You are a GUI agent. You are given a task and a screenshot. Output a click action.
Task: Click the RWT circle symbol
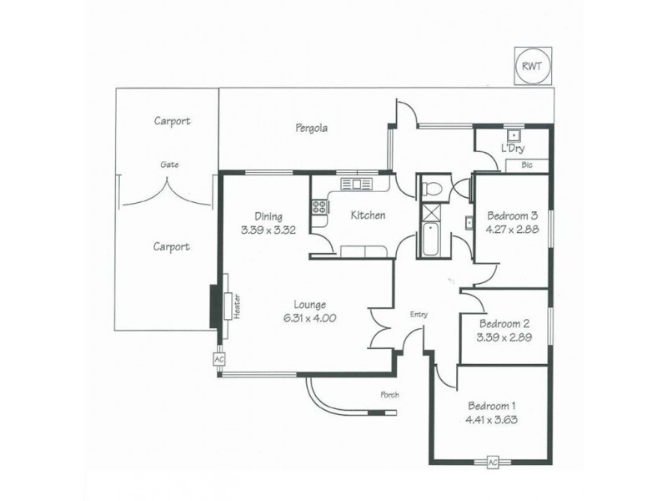coord(530,68)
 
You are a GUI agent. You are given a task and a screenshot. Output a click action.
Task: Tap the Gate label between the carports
coord(169,164)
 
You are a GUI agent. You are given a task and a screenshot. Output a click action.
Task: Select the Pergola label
coord(310,129)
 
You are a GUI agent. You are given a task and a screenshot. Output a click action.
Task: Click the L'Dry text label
coord(512,148)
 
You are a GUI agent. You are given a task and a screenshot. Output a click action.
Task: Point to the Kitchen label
coord(367,215)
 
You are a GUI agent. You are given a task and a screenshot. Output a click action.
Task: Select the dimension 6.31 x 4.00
coord(308,318)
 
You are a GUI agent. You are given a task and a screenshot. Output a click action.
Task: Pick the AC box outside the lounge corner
coord(219,359)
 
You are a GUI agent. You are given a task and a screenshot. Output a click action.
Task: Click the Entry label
coord(419,315)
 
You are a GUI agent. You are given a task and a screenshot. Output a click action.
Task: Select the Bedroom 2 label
coord(504,324)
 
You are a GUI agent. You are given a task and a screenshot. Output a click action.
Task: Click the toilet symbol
coord(433,186)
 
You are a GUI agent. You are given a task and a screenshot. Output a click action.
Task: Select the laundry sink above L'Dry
coord(514,134)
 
